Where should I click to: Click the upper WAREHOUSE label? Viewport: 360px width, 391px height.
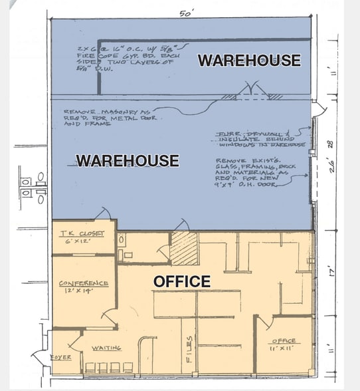(x=249, y=61)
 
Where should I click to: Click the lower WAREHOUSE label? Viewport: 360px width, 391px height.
(x=127, y=160)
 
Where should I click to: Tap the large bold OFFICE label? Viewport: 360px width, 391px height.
(x=181, y=281)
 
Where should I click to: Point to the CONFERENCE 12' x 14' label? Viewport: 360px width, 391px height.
(x=83, y=287)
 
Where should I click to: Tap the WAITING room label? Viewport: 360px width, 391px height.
(x=106, y=348)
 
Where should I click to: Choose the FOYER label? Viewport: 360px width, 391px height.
(x=60, y=357)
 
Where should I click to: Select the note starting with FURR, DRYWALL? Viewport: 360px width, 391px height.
(x=261, y=138)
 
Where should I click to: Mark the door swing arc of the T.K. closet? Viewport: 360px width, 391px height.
(x=104, y=213)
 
